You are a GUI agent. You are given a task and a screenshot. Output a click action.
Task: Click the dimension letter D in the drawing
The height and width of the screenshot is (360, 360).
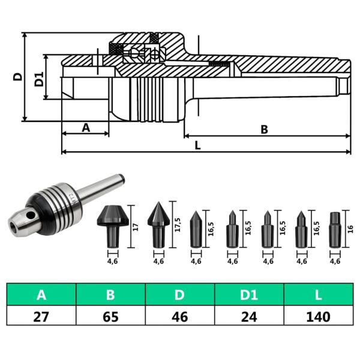pyautogui.click(x=17, y=77)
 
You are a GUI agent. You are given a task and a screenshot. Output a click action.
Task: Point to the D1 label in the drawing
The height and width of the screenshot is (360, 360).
pyautogui.click(x=38, y=78)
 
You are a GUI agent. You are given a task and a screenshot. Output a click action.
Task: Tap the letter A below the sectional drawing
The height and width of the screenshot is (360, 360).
pyautogui.click(x=85, y=127)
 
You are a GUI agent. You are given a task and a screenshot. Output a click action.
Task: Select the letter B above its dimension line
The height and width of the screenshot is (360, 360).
pyautogui.click(x=263, y=128)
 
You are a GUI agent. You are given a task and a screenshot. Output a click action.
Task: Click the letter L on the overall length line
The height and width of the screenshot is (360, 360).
pyautogui.click(x=197, y=145)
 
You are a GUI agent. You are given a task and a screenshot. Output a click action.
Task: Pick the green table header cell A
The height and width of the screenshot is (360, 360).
pyautogui.click(x=41, y=295)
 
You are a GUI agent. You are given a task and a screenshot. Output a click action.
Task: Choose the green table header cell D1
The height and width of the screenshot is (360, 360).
pyautogui.click(x=249, y=295)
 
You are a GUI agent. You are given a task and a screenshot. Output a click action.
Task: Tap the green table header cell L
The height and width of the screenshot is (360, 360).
pyautogui.click(x=318, y=295)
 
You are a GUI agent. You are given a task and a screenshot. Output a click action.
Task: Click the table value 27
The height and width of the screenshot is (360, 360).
pyautogui.click(x=41, y=316)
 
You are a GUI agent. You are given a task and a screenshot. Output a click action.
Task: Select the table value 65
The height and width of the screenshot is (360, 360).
pyautogui.click(x=110, y=316)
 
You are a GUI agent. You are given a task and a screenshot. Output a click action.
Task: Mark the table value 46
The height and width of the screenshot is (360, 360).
pyautogui.click(x=180, y=316)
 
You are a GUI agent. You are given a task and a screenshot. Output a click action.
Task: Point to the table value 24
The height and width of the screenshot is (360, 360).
pyautogui.click(x=249, y=316)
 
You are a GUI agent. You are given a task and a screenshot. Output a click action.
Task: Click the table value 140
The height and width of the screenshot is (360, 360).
pyautogui.click(x=318, y=316)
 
